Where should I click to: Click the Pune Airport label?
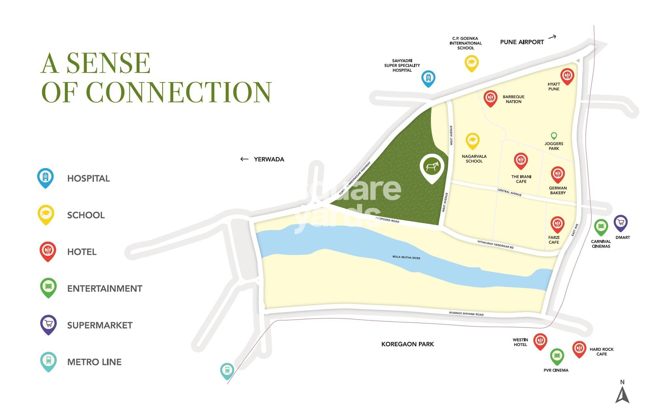522,42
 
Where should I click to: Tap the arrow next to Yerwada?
244,159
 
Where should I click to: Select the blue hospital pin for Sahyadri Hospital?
428,78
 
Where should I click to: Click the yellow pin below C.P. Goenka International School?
471,63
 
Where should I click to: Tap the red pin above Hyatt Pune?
567,76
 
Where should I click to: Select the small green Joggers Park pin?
554,136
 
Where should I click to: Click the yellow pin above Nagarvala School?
472,141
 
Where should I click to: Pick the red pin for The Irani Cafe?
521,161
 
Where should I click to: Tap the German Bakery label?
557,190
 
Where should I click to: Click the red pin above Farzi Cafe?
557,224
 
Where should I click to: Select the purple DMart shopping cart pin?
620,223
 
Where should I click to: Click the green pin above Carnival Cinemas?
601,227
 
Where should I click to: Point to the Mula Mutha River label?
406,257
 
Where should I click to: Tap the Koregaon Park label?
407,344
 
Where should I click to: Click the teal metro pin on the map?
227,370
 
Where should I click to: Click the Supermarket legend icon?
48,324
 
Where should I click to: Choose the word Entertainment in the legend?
105,289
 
